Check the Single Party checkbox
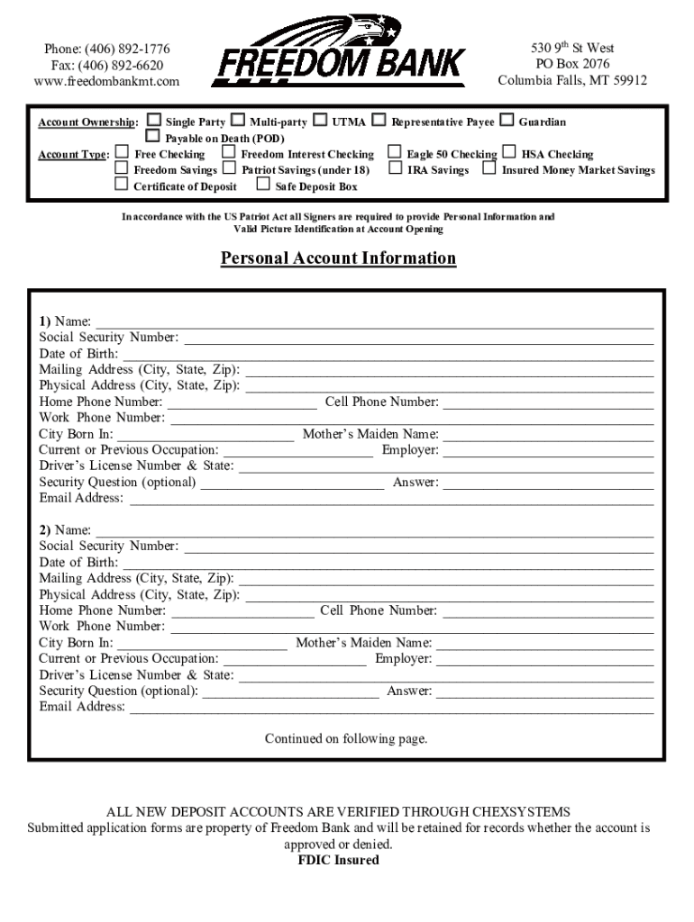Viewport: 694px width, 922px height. click(154, 121)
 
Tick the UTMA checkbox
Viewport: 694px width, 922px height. click(320, 121)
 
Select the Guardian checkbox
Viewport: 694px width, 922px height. click(507, 121)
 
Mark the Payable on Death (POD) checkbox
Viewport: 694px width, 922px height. click(153, 137)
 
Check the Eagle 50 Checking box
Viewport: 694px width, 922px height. click(395, 153)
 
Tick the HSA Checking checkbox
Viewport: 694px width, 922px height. click(510, 153)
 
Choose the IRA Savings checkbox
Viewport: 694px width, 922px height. click(395, 168)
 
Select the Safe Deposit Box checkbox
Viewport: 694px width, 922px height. click(263, 185)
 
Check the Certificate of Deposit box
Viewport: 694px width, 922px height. click(122, 185)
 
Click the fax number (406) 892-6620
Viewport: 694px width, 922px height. click(107, 65)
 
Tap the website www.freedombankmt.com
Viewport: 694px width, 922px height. click(106, 81)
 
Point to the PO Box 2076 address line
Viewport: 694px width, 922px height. click(572, 64)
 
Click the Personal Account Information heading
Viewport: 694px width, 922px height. click(339, 258)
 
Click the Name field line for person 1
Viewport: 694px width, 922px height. click(374, 323)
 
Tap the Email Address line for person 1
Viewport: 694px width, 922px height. click(391, 500)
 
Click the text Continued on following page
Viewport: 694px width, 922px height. click(346, 739)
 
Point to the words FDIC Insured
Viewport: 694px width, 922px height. click(339, 860)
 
